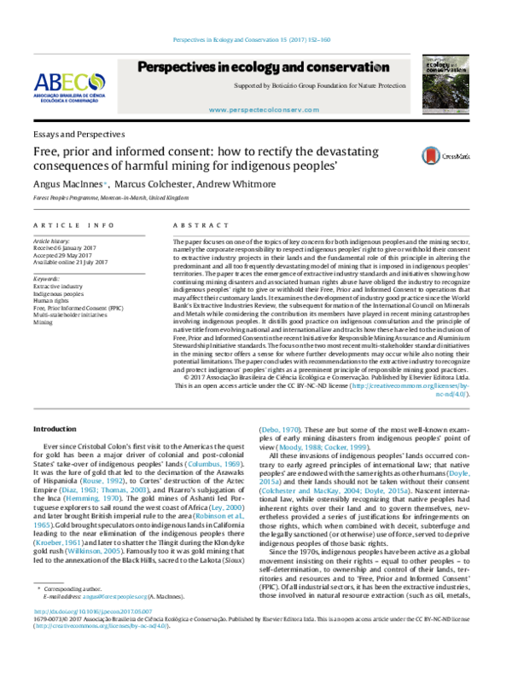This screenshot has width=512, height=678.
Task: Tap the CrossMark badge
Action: [x=422, y=131]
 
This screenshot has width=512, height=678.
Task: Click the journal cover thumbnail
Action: [x=450, y=81]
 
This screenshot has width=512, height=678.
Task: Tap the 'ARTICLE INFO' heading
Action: [x=73, y=224]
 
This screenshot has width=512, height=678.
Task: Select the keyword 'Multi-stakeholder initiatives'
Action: [x=72, y=316]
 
